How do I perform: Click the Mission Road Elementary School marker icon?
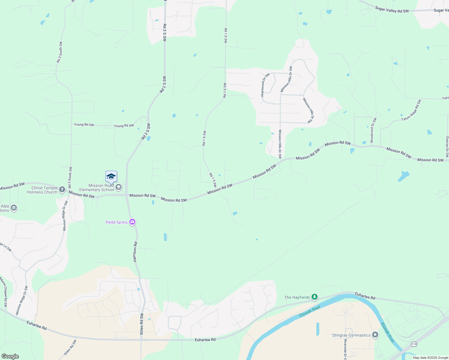[119, 187]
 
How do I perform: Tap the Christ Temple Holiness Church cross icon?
[62, 189]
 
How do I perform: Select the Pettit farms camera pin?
[132, 222]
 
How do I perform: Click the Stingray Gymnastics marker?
[375, 335]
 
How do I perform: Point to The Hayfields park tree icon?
[314, 297]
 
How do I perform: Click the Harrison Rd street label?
[135, 252]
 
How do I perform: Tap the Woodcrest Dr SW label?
[373, 130]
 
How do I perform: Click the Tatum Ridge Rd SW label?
[411, 110]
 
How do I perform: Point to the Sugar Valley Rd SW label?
[392, 10]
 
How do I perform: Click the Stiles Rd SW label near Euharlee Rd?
[142, 324]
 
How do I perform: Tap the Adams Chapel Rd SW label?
[4, 292]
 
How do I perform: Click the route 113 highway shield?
[414, 344]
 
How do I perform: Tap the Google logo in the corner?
[10, 356]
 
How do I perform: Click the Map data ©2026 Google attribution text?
[430, 358]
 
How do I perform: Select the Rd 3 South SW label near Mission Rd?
[70, 178]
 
